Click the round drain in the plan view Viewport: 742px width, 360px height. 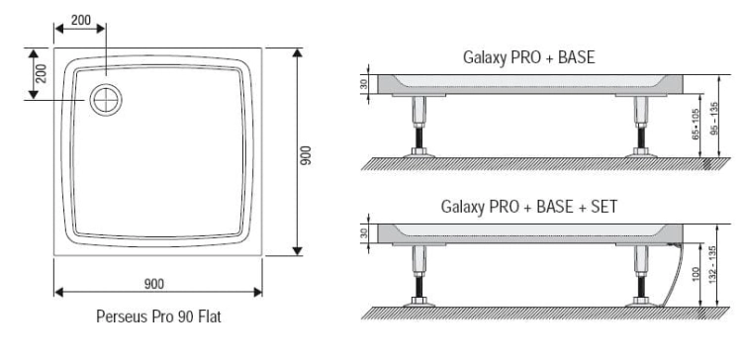(x=106, y=100)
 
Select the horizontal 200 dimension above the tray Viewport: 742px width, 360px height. (x=81, y=21)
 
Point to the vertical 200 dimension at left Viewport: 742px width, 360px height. (x=42, y=73)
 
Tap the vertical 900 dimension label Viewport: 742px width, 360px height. (x=306, y=155)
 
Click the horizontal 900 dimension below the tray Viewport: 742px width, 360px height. (x=154, y=284)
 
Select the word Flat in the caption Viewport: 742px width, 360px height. (x=209, y=316)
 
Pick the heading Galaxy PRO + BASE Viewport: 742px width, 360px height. (x=528, y=57)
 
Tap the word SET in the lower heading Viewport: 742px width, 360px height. (x=603, y=207)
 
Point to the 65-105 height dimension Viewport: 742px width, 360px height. (x=696, y=125)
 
